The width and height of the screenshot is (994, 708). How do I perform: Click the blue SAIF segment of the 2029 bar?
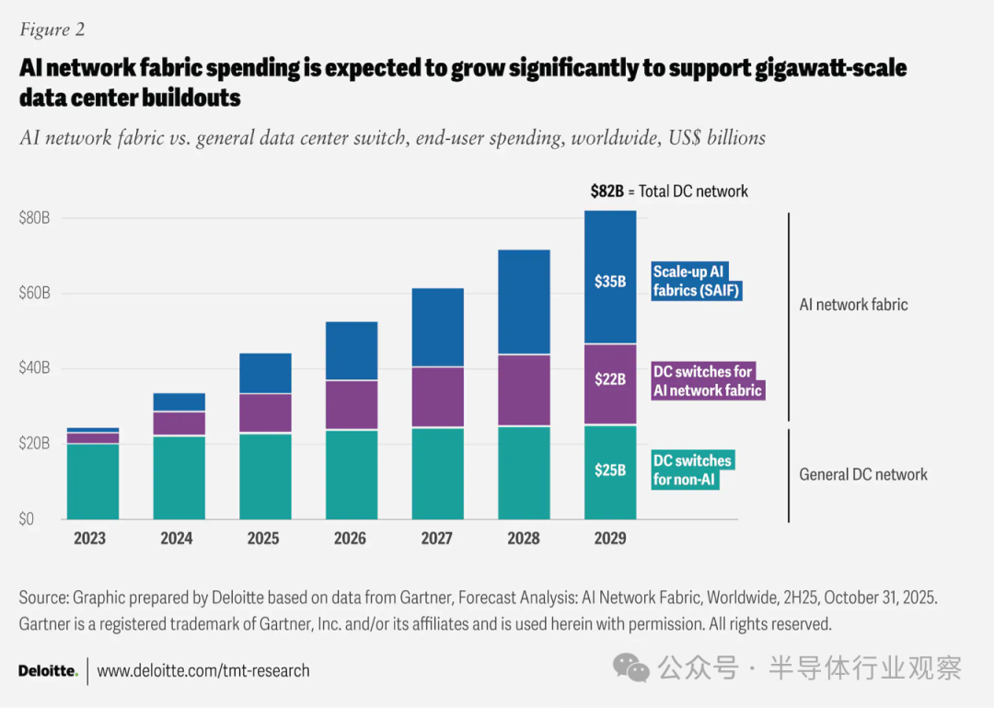[x=610, y=249]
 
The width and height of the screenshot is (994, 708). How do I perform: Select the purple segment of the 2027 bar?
[x=437, y=397]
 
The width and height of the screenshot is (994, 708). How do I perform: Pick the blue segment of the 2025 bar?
[x=264, y=373]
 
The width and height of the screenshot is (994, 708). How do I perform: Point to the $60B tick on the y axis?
[x=34, y=294]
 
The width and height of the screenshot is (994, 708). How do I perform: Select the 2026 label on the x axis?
[x=351, y=539]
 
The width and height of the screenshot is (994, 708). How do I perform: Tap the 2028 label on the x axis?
[x=524, y=539]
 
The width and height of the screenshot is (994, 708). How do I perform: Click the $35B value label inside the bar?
[x=610, y=282]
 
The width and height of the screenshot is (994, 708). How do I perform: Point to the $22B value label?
[x=610, y=379]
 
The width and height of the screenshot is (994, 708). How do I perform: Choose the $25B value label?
[x=610, y=470]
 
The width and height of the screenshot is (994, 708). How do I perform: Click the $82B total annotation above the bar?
[x=669, y=192]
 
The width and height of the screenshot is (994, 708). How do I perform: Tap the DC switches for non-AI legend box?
[x=693, y=470]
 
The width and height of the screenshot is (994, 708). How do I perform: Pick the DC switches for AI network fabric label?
[x=708, y=381]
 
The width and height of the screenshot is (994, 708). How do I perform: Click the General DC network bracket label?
[x=862, y=475]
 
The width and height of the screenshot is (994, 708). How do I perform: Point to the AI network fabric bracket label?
[x=853, y=304]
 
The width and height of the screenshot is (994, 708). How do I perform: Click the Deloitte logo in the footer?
[x=48, y=671]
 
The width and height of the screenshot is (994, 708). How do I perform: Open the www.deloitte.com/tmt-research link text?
[x=203, y=671]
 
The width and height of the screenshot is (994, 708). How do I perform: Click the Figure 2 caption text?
[x=52, y=29]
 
